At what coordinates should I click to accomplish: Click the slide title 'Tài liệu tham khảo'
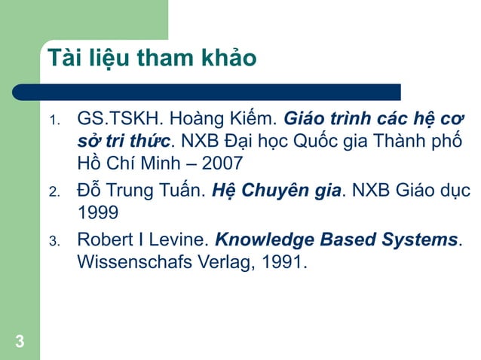(151, 58)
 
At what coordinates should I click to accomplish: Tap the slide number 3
(19, 343)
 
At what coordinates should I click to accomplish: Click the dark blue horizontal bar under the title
(204, 92)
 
